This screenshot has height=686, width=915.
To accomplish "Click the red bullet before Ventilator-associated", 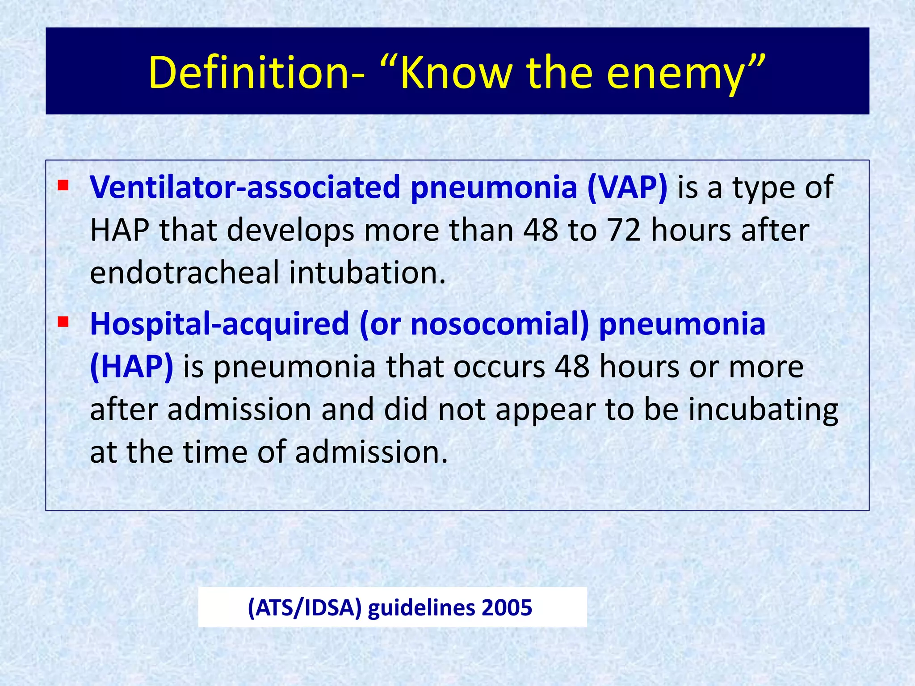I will click(x=63, y=184).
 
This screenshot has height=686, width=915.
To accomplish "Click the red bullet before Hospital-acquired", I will click(x=63, y=321).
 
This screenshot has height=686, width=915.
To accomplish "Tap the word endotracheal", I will click(x=184, y=272).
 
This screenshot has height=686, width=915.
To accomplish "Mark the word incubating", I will click(x=763, y=410).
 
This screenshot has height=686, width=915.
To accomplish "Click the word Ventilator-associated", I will click(x=245, y=187).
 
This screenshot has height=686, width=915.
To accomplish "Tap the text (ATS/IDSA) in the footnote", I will click(x=304, y=608).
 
